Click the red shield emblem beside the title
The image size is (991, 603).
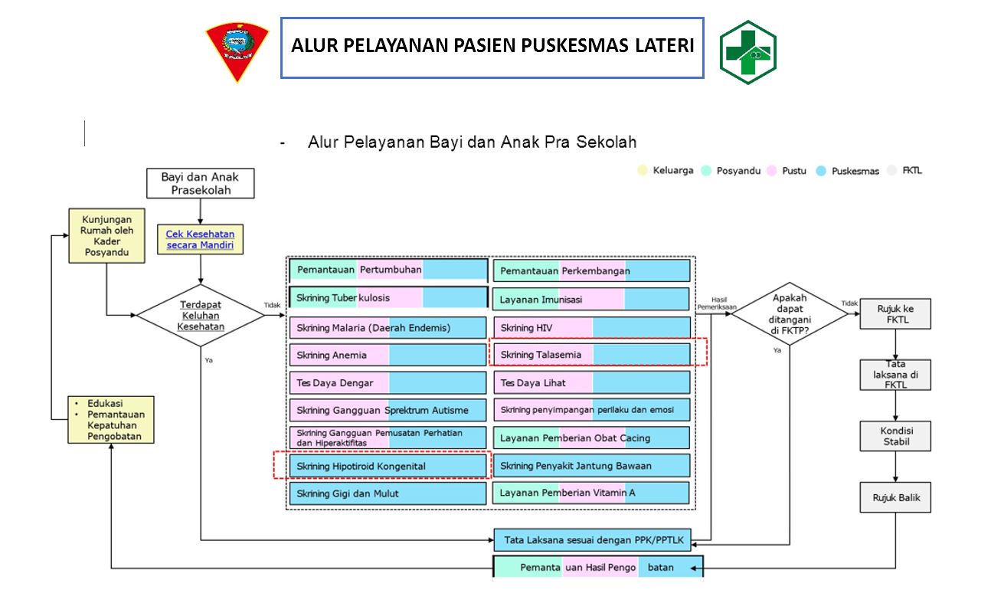point(237,52)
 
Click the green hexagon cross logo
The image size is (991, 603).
point(747,52)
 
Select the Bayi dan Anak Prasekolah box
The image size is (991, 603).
point(201,184)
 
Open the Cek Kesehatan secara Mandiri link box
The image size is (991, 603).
point(201,240)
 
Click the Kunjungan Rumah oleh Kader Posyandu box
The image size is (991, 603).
point(106,235)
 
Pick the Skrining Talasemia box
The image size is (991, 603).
point(591,355)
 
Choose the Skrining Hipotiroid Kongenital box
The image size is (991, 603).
point(388,466)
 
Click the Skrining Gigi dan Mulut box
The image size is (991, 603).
point(388,493)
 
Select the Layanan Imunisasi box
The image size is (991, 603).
point(591,300)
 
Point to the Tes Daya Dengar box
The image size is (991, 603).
point(388,382)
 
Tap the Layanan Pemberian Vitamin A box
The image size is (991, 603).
point(591,493)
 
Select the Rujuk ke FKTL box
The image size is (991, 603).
point(895,314)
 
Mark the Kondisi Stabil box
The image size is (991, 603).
point(895,437)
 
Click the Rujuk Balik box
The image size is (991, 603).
point(895,498)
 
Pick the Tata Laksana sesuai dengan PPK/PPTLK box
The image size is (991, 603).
point(592,539)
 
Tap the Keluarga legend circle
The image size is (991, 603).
point(643,170)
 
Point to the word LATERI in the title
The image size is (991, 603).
point(664,46)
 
